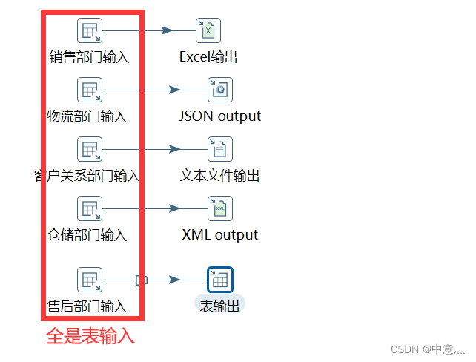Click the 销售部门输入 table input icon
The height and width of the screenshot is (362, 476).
(x=90, y=30)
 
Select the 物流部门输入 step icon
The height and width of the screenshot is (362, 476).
(x=90, y=90)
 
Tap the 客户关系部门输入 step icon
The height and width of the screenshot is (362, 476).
(x=90, y=149)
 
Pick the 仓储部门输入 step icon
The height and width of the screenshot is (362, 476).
(x=90, y=208)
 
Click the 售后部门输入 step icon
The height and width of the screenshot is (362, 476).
(x=90, y=280)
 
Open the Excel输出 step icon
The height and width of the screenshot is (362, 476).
(x=208, y=30)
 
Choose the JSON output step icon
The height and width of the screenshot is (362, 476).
(x=220, y=90)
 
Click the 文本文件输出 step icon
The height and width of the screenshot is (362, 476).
(x=220, y=149)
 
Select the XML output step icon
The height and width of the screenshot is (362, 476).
(x=220, y=208)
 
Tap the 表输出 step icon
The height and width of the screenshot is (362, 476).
(x=220, y=280)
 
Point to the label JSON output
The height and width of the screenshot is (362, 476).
(x=220, y=116)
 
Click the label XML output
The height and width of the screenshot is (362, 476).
(x=220, y=235)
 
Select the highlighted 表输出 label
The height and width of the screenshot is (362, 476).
(x=220, y=305)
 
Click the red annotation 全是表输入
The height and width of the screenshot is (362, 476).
(x=90, y=336)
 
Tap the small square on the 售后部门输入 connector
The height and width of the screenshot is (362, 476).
(x=142, y=280)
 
